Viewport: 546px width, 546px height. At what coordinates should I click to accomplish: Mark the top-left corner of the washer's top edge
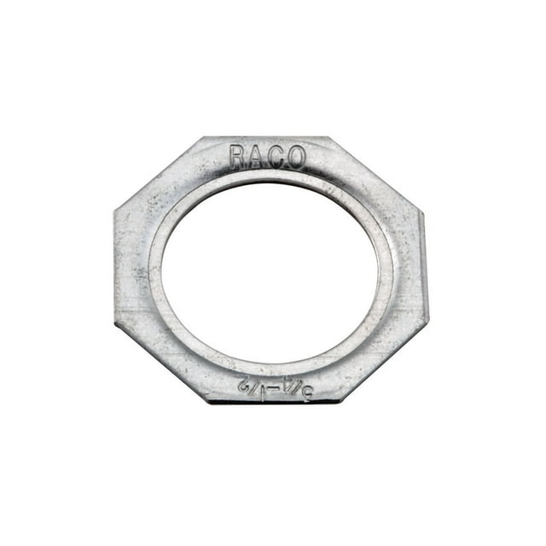pyautogui.click(x=201, y=137)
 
